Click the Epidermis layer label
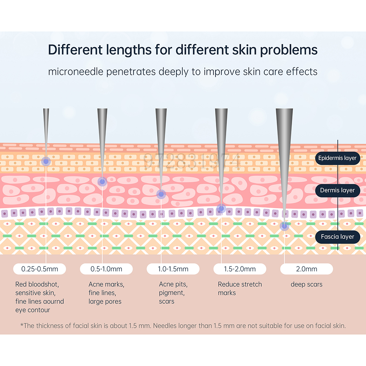(x=337, y=158)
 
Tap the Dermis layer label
(x=337, y=190)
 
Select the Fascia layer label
(x=337, y=237)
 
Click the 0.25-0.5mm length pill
(x=40, y=269)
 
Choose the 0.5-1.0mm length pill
(x=107, y=269)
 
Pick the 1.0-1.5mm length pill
(x=173, y=269)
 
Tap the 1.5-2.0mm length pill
(x=240, y=269)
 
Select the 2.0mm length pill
(x=307, y=269)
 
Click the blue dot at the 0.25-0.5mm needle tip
(x=46, y=161)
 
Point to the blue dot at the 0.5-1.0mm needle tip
(x=102, y=182)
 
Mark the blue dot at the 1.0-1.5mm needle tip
(x=161, y=194)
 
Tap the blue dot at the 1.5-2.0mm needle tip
(x=221, y=209)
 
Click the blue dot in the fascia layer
(x=284, y=226)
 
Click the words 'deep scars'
(x=306, y=284)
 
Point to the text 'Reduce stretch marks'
(x=240, y=288)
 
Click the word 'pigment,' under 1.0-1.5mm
(x=172, y=293)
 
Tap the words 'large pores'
(x=105, y=302)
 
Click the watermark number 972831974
(x=192, y=161)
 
